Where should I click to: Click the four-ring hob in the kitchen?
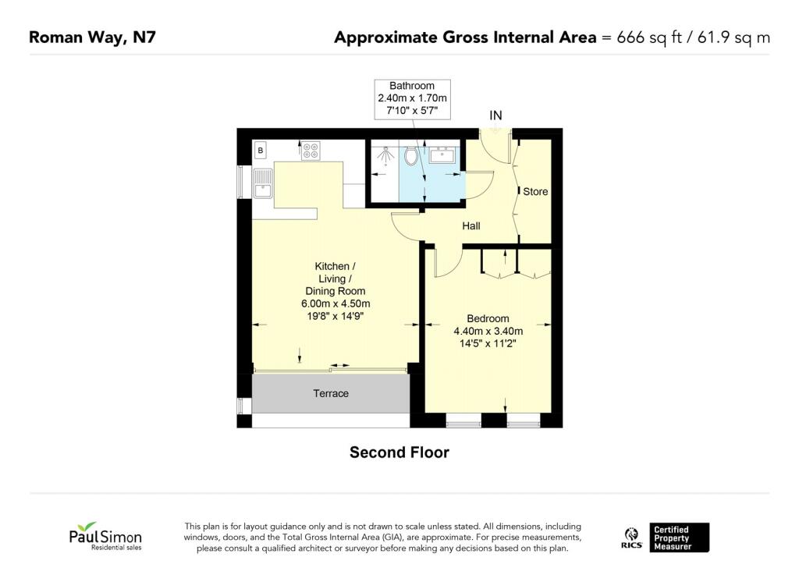[x=311, y=150]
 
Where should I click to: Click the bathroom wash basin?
[x=442, y=154]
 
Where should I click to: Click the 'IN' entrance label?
[x=495, y=115]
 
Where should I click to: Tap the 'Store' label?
[x=535, y=191]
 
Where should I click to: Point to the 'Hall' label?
[x=471, y=226]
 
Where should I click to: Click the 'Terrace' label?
[x=331, y=393]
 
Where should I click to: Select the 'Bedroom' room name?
[x=488, y=318]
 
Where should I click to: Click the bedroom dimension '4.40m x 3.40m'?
[x=488, y=331]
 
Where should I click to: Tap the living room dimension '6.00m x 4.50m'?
[x=336, y=303]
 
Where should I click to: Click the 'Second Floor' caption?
[x=399, y=452]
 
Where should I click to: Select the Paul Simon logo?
[x=105, y=537]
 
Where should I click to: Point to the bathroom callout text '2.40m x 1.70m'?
[x=413, y=98]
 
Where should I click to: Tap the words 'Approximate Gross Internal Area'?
[x=464, y=37]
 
